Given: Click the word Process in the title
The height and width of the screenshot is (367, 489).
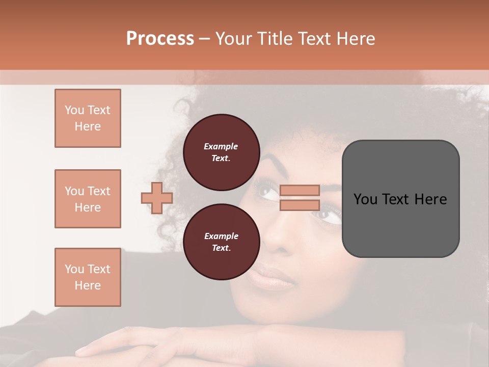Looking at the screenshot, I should coord(160,39).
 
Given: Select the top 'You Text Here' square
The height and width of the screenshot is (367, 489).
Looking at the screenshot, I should coord(88,118).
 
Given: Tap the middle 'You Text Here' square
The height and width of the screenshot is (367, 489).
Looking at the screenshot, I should coord(88,199).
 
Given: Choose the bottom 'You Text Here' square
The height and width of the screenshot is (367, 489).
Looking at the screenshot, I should coord(88,277).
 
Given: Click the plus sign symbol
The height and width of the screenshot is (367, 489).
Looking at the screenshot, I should coord(157,198).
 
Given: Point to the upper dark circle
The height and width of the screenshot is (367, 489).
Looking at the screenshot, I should coord(221,152).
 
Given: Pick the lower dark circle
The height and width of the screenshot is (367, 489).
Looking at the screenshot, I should coord(221,242).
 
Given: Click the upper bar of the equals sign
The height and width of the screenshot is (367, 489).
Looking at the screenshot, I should coord(300,190).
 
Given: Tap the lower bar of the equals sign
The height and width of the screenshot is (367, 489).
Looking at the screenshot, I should coord(300,205).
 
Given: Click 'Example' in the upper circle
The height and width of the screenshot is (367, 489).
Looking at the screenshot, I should coord(221,146).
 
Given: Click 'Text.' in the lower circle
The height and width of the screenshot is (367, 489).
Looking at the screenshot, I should coord(221,248).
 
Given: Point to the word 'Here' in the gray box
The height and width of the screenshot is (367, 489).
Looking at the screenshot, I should coord(430,199).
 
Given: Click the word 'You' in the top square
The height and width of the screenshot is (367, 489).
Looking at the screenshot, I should coord(74,110).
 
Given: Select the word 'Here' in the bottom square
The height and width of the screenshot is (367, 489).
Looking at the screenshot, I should coord(88,285).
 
